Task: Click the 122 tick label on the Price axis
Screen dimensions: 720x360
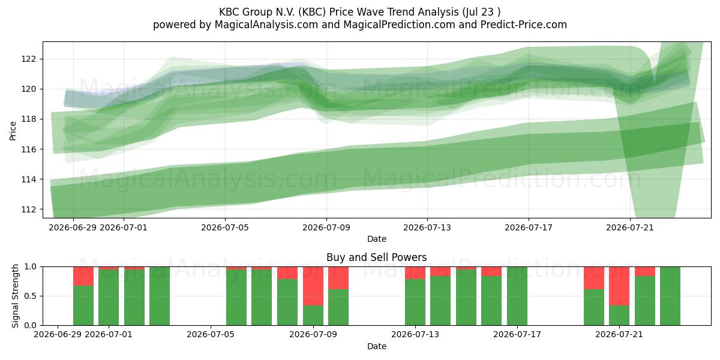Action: tap(29, 59)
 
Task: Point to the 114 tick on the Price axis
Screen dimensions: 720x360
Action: tap(29, 179)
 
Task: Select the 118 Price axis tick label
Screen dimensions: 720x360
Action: tap(29, 119)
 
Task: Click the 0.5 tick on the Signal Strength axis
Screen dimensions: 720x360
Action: tap(31, 296)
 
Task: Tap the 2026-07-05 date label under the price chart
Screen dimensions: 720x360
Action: tap(225, 227)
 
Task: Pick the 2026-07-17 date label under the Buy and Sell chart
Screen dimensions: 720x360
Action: tap(517, 335)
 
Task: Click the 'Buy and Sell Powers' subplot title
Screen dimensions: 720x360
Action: tap(376, 257)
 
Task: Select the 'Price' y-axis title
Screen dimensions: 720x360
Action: tap(13, 131)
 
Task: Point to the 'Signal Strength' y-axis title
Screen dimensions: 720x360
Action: tap(15, 296)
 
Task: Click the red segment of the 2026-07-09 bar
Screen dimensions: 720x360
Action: tap(313, 286)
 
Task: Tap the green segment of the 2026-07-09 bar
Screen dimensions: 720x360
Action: tap(313, 316)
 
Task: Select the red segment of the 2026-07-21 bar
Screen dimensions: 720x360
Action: tap(619, 286)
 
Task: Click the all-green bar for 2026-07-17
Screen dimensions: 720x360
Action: tap(517, 296)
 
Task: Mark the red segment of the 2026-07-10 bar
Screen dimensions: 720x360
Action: tap(338, 278)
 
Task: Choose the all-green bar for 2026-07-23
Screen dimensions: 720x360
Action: tap(670, 296)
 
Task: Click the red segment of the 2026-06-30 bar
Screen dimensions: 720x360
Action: tap(83, 276)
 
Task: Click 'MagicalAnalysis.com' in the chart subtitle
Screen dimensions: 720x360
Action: tap(266, 25)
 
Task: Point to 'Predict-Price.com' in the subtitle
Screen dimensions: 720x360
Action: tap(524, 25)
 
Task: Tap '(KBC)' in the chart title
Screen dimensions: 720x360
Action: tap(312, 12)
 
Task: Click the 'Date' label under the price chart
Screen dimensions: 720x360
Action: tap(377, 239)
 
